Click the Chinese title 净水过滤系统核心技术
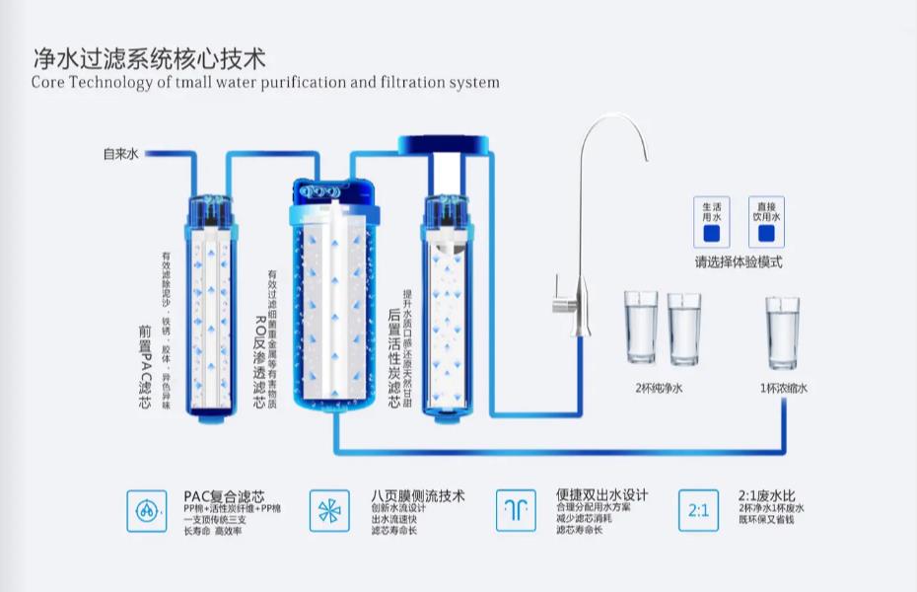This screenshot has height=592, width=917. [148, 57]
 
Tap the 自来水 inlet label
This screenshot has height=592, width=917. [123, 154]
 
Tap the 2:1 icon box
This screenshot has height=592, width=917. [698, 510]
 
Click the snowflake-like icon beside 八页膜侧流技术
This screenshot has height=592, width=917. [329, 510]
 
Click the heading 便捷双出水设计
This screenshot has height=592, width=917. [602, 495]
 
